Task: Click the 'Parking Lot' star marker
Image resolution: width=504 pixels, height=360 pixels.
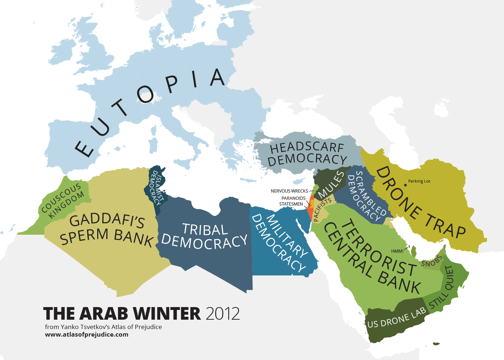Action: pyautogui.click(x=405, y=185)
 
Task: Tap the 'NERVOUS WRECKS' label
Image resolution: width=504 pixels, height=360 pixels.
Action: pyautogui.click(x=289, y=191)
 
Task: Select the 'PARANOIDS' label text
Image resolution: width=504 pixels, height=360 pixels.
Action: pyautogui.click(x=293, y=198)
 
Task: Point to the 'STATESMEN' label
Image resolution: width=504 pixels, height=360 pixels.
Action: pyautogui.click(x=291, y=204)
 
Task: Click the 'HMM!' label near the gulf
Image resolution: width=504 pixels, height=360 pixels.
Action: pyautogui.click(x=397, y=251)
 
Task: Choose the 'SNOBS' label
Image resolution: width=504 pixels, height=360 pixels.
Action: pyautogui.click(x=431, y=262)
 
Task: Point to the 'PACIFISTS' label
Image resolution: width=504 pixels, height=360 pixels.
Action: pyautogui.click(x=322, y=210)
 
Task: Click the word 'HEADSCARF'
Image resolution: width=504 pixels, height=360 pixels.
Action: pyautogui.click(x=307, y=147)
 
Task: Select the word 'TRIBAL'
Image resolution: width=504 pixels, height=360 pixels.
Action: pyautogui.click(x=205, y=229)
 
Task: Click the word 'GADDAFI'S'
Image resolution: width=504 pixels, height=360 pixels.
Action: pyautogui.click(x=107, y=220)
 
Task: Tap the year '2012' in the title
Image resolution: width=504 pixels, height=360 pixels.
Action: pyautogui.click(x=223, y=314)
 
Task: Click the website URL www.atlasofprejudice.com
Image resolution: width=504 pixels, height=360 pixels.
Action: pyautogui.click(x=86, y=334)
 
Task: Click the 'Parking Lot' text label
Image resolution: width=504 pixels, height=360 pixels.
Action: pyautogui.click(x=419, y=181)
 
